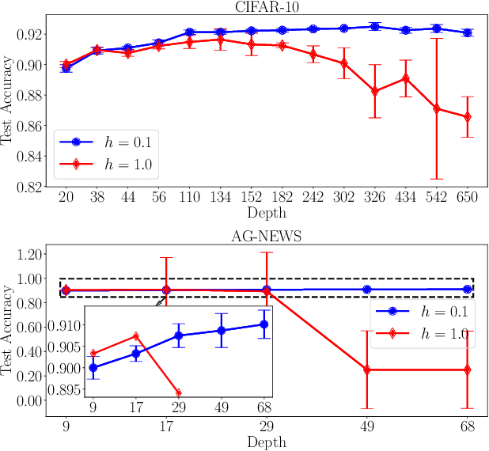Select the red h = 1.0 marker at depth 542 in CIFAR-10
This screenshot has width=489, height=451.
click(437, 108)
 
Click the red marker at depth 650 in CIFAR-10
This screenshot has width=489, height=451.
click(468, 117)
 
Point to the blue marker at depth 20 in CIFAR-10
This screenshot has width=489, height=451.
click(66, 68)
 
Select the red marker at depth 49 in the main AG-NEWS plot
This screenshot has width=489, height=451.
click(367, 370)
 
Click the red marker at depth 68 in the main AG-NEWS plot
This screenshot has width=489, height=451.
click(468, 370)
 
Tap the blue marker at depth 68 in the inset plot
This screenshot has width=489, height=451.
click(264, 324)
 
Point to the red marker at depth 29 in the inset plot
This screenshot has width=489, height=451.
click(179, 392)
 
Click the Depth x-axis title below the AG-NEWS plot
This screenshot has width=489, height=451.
click(267, 443)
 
